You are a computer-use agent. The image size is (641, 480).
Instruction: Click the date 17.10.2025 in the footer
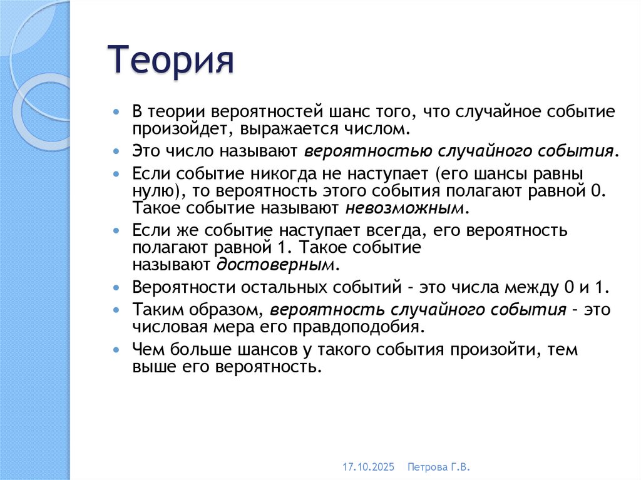[368, 467]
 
